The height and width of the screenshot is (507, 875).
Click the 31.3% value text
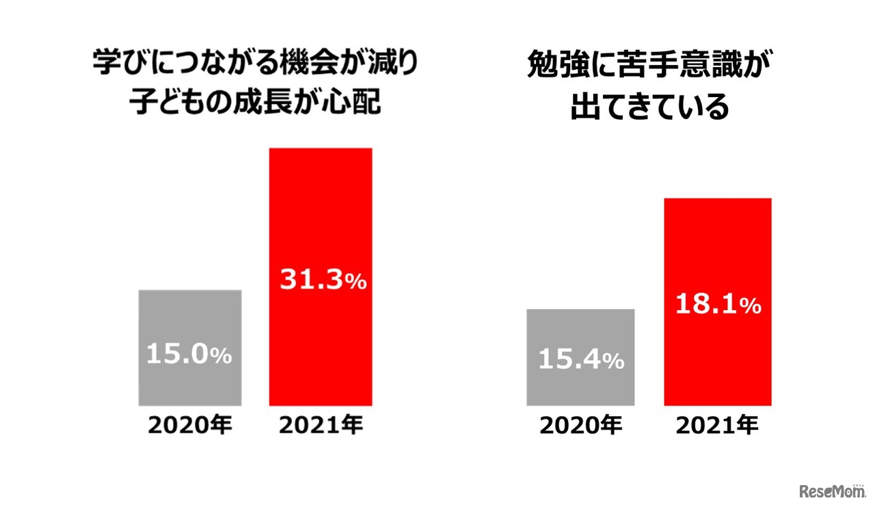click(323, 281)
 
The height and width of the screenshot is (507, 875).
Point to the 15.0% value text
click(189, 355)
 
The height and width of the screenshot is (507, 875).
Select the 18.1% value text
click(718, 305)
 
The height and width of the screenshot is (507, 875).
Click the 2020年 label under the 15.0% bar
click(190, 426)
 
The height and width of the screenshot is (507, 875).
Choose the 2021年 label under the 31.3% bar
click(321, 426)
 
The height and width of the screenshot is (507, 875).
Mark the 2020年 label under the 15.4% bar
click(581, 426)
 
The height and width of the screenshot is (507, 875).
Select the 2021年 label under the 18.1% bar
click(718, 426)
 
